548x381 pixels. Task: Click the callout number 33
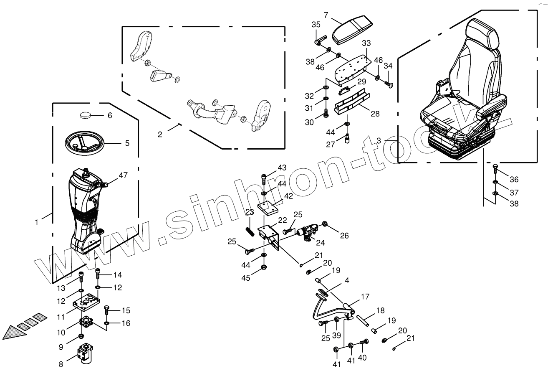[366, 43]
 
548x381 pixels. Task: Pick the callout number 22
[283, 220]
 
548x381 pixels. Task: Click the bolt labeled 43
[264, 179]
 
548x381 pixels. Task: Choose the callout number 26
[344, 236]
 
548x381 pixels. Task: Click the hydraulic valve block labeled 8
[87, 353]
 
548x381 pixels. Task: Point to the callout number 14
[117, 275]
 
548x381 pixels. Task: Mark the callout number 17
[365, 297]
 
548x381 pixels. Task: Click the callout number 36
[514, 179]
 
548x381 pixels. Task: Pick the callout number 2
[160, 134]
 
